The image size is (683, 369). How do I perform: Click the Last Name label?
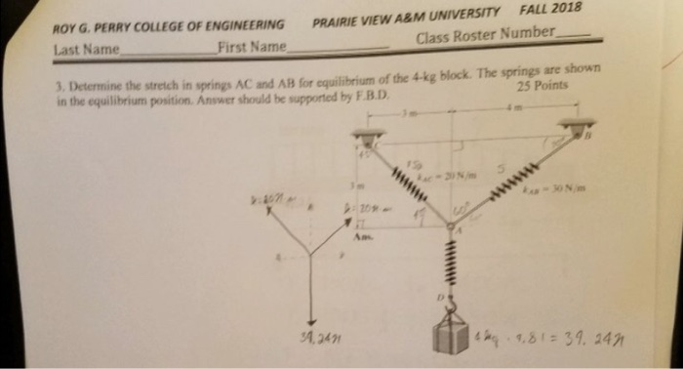point(87,50)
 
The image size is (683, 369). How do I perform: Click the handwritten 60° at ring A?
point(462,206)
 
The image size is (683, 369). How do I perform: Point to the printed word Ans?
point(362,235)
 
